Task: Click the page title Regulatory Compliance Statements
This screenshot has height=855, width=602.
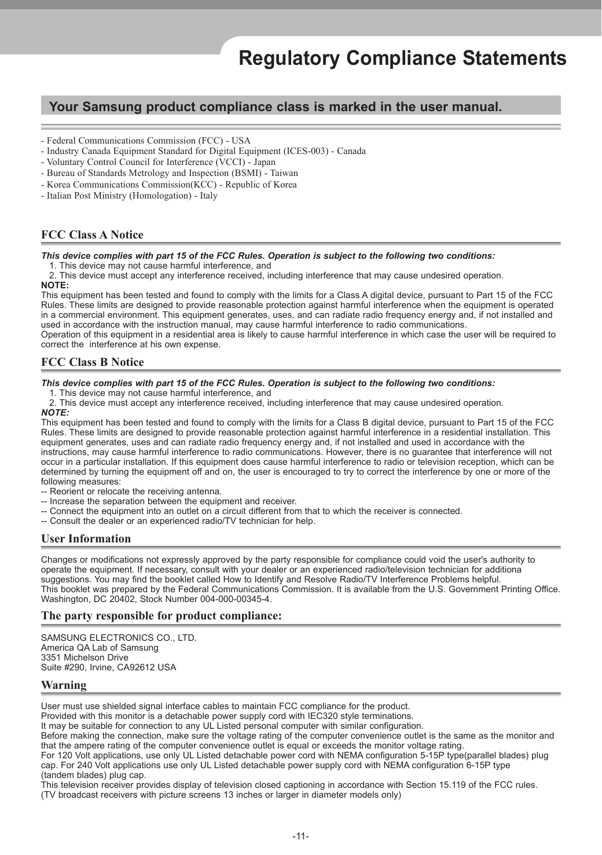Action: (x=402, y=58)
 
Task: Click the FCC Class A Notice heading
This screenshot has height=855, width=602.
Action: (x=92, y=234)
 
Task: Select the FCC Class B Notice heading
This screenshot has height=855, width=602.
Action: (x=92, y=362)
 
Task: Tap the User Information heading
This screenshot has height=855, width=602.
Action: (x=86, y=538)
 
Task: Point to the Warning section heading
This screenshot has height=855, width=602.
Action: (x=64, y=685)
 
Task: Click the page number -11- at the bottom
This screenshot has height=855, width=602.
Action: (x=300, y=836)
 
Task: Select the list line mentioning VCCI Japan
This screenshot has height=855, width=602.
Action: (x=158, y=162)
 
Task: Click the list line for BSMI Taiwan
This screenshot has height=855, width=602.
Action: (x=170, y=173)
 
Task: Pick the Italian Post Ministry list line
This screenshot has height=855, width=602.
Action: (x=129, y=196)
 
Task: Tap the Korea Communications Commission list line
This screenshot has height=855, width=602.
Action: (x=168, y=185)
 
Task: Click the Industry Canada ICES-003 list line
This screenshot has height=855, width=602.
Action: (x=203, y=151)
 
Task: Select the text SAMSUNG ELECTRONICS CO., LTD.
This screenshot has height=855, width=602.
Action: (x=119, y=638)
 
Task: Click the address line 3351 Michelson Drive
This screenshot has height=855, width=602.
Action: (x=85, y=658)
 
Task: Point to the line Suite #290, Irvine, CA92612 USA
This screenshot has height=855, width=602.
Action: (x=108, y=667)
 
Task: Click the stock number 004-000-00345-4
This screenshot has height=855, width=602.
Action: (x=234, y=599)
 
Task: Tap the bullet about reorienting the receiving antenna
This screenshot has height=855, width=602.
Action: (x=131, y=491)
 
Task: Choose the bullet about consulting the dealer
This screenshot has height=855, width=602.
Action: (x=178, y=521)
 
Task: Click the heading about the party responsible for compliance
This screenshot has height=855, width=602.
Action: (x=161, y=615)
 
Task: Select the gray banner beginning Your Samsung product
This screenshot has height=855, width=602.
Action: (x=300, y=107)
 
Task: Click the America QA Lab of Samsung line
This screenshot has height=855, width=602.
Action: (x=100, y=648)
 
